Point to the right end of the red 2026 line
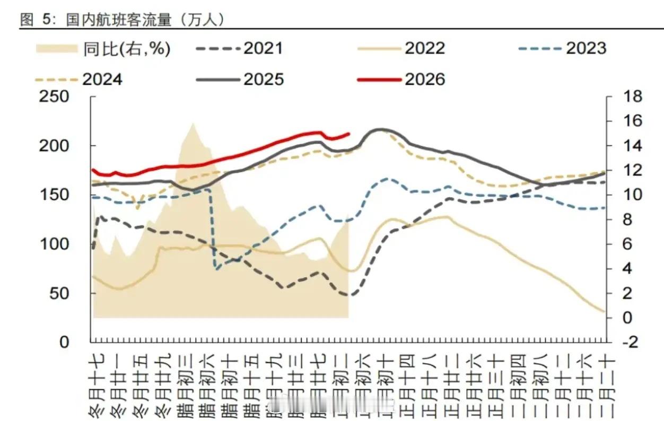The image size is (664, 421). tap(349, 134)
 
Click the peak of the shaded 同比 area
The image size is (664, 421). tap(193, 124)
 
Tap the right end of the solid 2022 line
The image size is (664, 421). tap(604, 312)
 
